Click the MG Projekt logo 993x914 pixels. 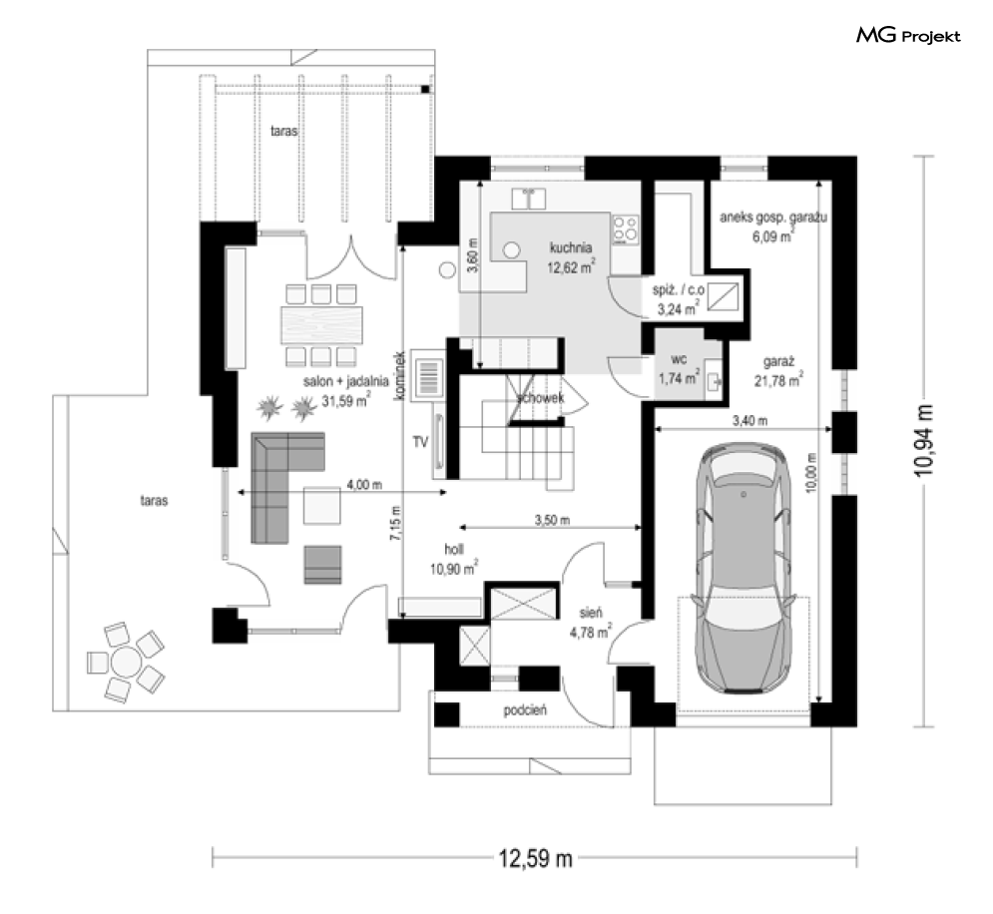click(908, 36)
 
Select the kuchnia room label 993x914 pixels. click(571, 247)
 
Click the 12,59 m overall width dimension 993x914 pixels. click(535, 859)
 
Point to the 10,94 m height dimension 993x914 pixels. click(923, 440)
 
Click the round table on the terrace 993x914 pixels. click(126, 663)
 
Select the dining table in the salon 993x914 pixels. click(322, 325)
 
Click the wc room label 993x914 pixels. click(679, 359)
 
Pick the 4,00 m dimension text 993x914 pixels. click(364, 485)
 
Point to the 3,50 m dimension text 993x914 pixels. click(552, 520)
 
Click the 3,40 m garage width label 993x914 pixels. click(749, 420)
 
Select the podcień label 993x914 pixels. click(525, 710)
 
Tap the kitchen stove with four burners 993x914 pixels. click(625, 229)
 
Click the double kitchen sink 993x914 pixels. click(529, 199)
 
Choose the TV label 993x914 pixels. click(420, 442)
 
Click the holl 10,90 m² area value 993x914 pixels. click(454, 569)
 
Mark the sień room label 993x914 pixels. click(591, 613)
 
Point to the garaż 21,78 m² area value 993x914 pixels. click(779, 380)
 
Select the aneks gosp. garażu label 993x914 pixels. click(773, 218)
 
